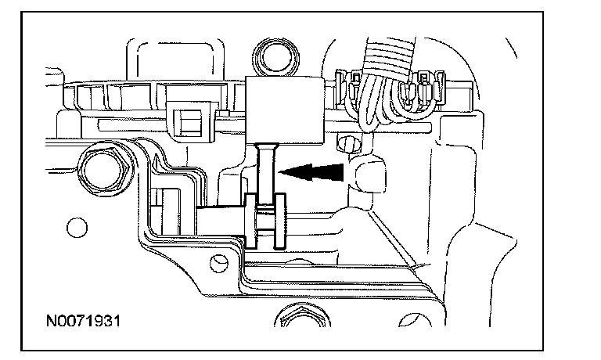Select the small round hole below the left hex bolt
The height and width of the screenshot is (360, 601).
click(75, 228)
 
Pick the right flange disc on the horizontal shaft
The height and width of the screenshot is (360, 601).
click(280, 221)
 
